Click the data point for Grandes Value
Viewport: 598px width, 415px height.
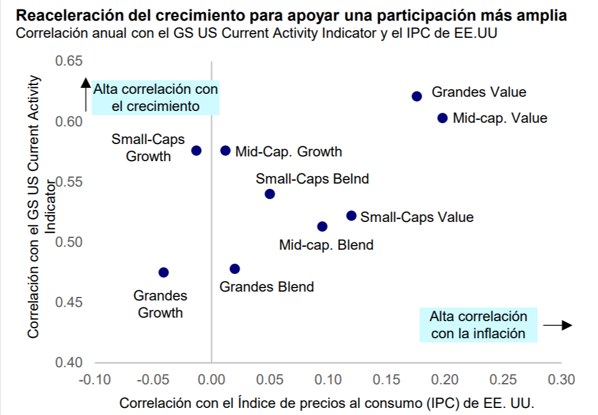point(417,96)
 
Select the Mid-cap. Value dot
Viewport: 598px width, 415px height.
point(443,118)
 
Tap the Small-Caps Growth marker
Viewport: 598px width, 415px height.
point(197,151)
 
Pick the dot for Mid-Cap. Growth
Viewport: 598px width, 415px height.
point(225,151)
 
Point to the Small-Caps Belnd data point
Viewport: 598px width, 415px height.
point(270,194)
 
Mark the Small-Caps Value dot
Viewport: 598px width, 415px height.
point(351,216)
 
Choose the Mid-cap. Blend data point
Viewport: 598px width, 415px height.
point(323,227)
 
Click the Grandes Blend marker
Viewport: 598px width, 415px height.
point(235,269)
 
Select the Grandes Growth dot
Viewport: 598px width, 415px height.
point(164,272)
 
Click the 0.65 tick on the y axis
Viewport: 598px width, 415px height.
point(70,61)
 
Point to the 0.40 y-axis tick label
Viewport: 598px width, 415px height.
point(70,362)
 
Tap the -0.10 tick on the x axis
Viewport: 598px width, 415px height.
point(94,379)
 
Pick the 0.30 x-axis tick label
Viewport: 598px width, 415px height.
point(561,379)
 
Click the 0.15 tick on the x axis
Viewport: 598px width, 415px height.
point(386,379)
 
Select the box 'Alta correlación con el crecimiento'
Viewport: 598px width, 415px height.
point(156,98)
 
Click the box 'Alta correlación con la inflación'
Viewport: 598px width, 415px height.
point(478,325)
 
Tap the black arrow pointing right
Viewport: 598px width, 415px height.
point(558,325)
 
